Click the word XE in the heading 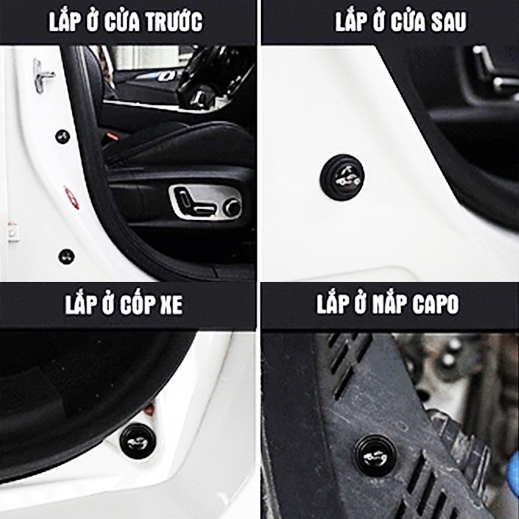[168, 304]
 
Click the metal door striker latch [43, 74]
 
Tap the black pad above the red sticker [63, 136]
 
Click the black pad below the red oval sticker [66, 256]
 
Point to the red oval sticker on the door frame [71, 197]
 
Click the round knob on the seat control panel [231, 208]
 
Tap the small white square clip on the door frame [12, 233]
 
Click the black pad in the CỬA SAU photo [342, 177]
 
